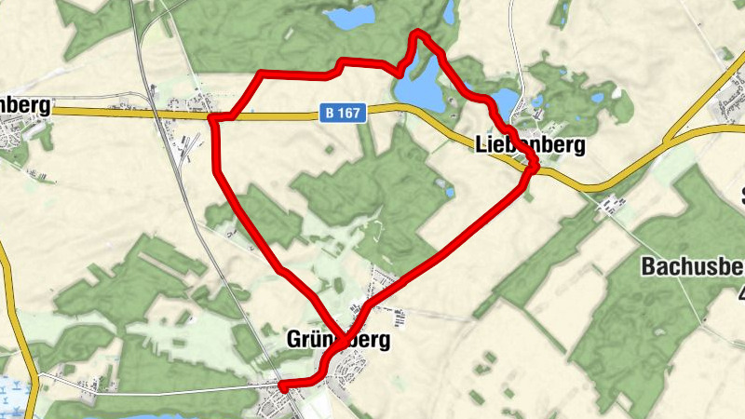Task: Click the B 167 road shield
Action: click(345, 113)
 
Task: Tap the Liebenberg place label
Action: click(530, 145)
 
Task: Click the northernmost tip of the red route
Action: click(418, 34)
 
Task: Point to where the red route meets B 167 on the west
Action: click(218, 118)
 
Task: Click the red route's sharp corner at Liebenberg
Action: click(535, 169)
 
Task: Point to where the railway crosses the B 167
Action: click(156, 114)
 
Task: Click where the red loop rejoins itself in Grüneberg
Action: click(347, 334)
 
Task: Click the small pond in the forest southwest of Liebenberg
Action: click(451, 193)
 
